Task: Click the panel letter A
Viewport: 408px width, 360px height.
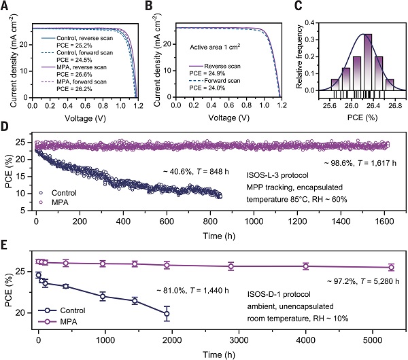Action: point(5,7)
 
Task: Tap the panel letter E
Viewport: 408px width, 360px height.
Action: point(5,242)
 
